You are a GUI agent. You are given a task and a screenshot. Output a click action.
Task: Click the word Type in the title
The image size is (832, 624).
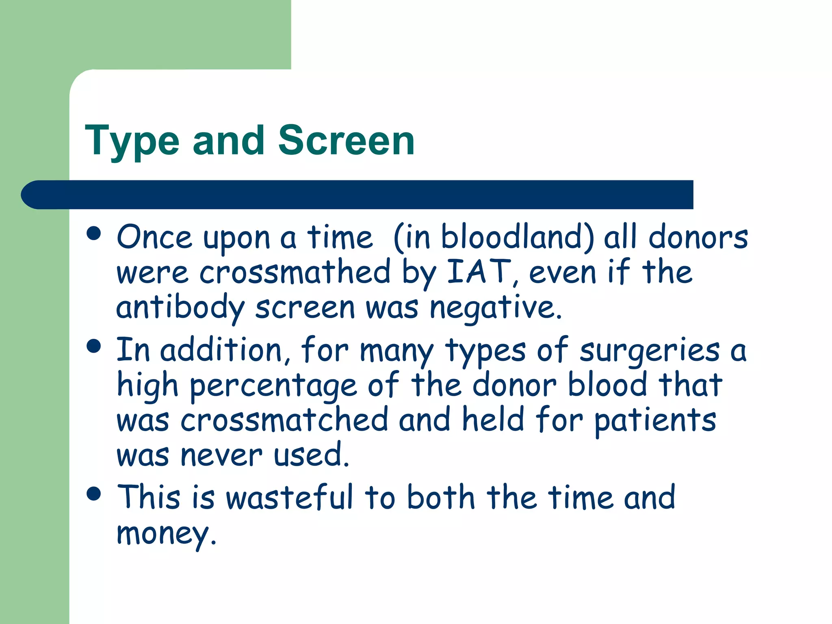132,141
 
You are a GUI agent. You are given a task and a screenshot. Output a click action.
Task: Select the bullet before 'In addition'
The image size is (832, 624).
94,346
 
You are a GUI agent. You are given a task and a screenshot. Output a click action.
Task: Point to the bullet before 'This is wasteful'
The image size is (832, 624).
94,494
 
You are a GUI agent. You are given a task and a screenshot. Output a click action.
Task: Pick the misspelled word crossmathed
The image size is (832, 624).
295,272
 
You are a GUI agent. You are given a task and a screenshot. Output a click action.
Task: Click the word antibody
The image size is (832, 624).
180,308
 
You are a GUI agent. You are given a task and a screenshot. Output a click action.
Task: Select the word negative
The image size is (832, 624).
495,308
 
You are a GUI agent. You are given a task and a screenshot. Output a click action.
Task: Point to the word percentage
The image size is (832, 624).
273,385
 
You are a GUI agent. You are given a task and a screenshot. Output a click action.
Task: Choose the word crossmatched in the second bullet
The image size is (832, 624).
284,420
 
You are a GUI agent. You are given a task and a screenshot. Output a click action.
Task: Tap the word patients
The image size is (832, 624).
655,421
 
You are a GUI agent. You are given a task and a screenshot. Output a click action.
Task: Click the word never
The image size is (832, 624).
221,455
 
